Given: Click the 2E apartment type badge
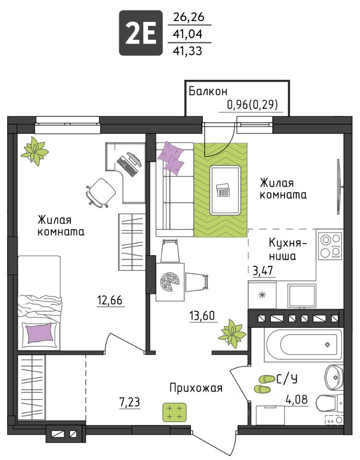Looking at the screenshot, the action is [x=140, y=33].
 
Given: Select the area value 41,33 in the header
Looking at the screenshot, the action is [x=187, y=51].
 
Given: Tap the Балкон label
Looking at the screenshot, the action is [x=208, y=91].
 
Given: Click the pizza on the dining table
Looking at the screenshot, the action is [x=170, y=282].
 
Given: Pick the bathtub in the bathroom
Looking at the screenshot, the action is [x=303, y=345].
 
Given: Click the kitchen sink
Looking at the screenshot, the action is [x=302, y=296].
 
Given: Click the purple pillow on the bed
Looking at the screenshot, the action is [x=40, y=333].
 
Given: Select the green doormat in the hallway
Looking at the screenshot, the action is [x=174, y=412].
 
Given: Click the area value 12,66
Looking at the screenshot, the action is [x=110, y=300].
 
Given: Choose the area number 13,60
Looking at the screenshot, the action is [x=202, y=316].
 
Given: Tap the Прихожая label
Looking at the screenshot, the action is [x=196, y=388].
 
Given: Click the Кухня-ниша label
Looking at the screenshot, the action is [x=288, y=249].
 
